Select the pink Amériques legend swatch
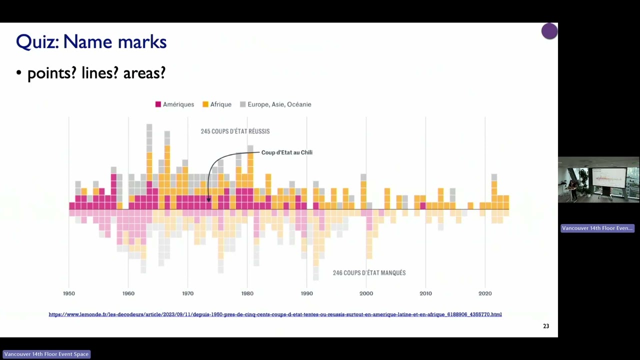coord(158,104)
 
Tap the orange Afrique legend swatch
coord(205,104)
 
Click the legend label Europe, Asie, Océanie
coord(279,104)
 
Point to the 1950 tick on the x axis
coord(69,293)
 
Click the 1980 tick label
coord(247,293)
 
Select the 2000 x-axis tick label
coord(366,293)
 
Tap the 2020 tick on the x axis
coord(484,293)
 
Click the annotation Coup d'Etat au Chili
coord(286,152)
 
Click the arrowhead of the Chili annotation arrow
coord(208,199)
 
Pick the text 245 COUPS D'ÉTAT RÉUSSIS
coord(235,131)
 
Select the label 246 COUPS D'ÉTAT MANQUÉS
coord(369,273)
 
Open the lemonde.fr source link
coord(275,314)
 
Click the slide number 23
coord(546,326)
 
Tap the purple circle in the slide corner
coord(549,31)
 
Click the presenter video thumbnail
coord(598,180)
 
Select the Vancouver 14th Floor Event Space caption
coord(46,354)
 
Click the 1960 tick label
coord(128,293)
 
